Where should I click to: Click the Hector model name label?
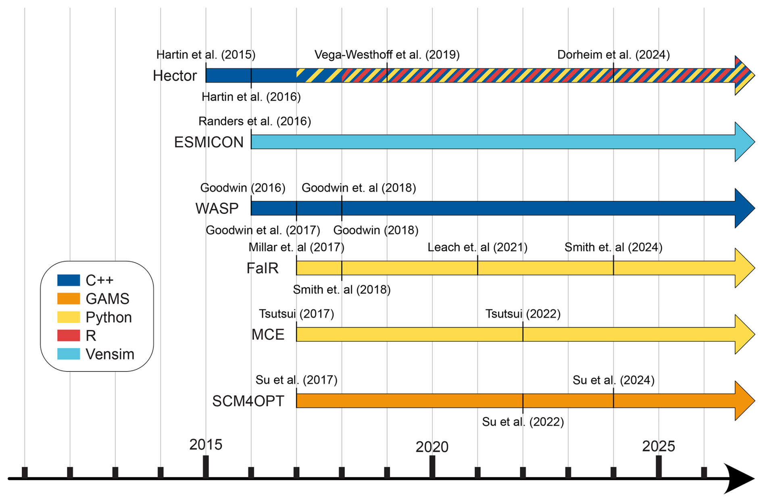coord(175,76)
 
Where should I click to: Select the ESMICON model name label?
coord(208,142)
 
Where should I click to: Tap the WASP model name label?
coord(217,208)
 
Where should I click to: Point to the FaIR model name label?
coord(263,268)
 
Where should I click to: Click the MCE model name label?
coord(268,334)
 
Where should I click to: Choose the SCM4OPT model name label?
coord(248,401)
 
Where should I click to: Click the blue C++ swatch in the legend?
coord(69,280)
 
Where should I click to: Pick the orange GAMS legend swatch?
coord(69,299)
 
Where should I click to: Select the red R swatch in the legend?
coord(69,336)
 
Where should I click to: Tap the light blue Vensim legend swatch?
coord(69,354)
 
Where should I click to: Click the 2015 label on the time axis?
coord(206,445)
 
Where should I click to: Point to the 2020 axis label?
coord(432,447)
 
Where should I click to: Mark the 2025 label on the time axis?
coord(659,446)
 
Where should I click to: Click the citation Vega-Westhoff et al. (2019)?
coord(387,55)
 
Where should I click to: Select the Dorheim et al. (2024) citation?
coord(613,55)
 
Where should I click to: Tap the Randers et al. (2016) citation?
coord(254,121)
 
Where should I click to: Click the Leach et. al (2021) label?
coord(477,247)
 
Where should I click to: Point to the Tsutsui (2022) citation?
coord(523,314)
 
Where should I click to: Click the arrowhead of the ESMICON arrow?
coord(744,142)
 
